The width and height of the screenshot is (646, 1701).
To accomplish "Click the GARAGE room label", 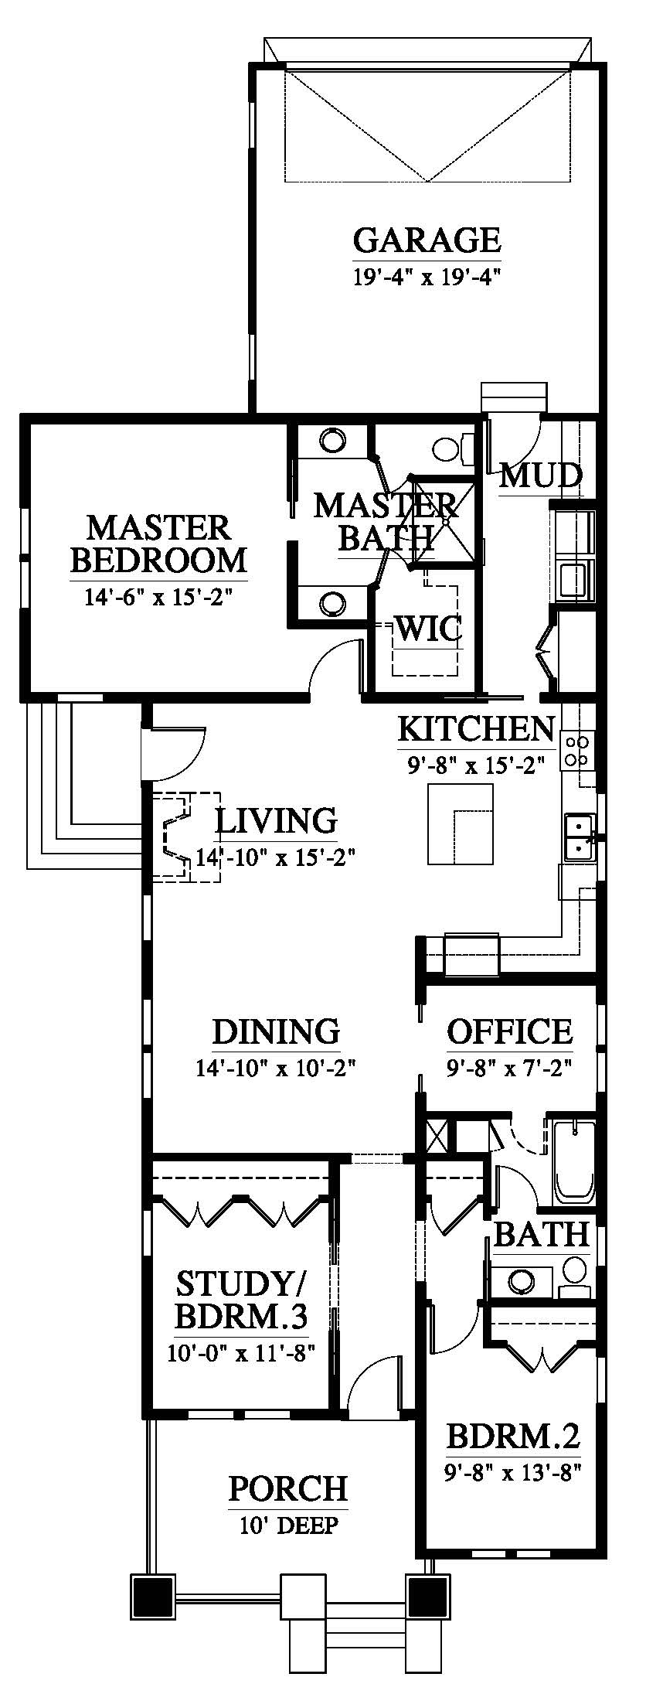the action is coord(427,240).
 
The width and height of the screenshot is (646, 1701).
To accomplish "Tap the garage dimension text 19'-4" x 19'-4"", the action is coord(427,277).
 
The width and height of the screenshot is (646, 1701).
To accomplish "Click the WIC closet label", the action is coord(429,627).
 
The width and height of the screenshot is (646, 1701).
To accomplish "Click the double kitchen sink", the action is coord(579,837).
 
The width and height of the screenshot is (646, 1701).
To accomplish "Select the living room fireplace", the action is coord(185,836).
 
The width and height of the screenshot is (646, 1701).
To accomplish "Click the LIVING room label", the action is coord(276,820).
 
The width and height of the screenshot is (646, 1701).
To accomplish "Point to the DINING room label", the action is coord(276,1031).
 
